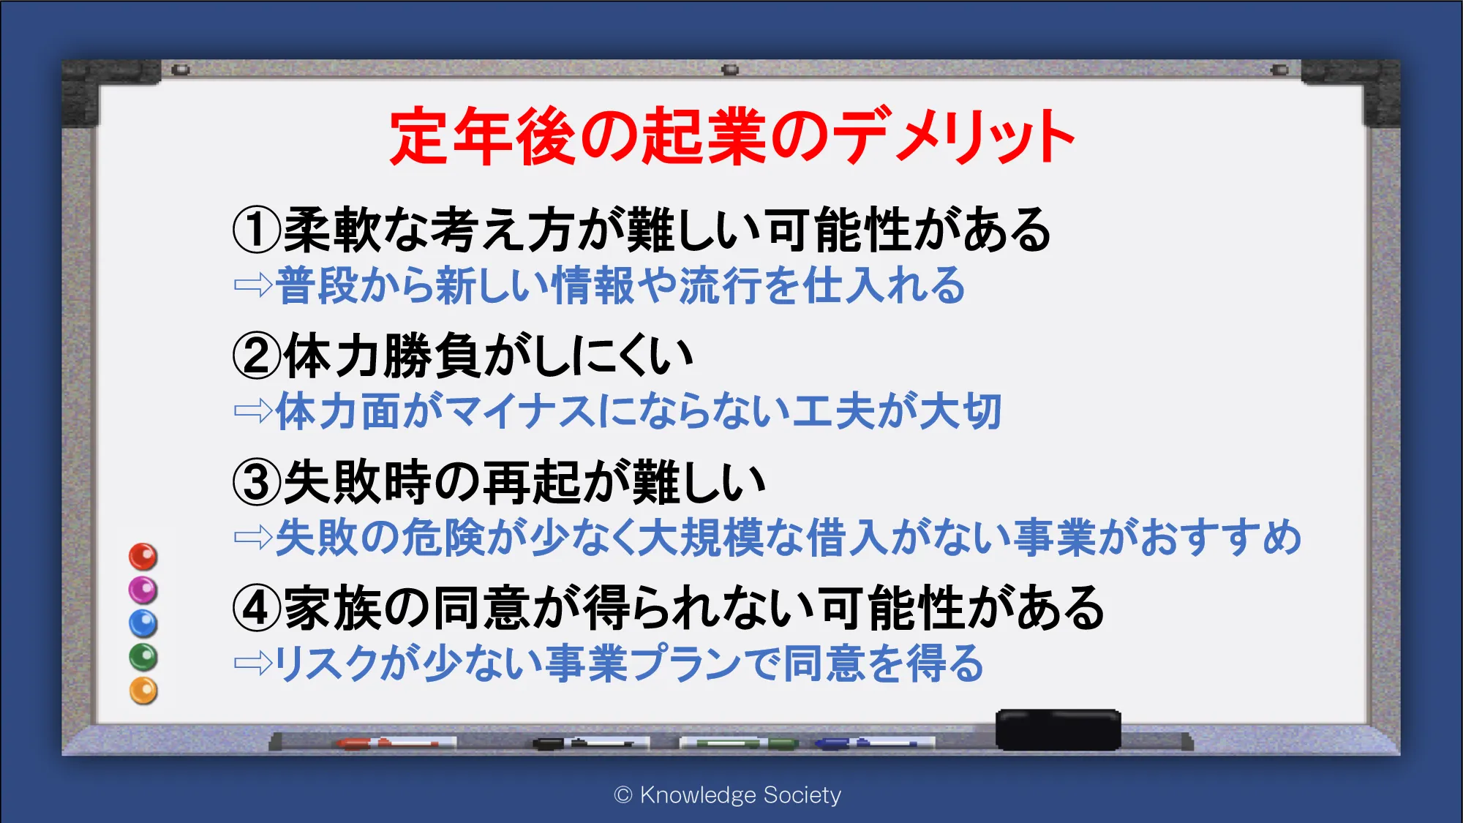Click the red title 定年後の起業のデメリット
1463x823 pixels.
click(731, 136)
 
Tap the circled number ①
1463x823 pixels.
click(256, 230)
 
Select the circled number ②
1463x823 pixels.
click(256, 356)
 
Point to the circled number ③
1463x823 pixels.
click(256, 482)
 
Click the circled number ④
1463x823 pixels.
click(256, 608)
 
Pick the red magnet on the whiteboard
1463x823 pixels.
click(143, 557)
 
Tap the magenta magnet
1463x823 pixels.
click(143, 590)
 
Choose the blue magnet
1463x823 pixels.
click(143, 623)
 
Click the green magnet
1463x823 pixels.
click(143, 657)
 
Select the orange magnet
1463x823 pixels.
click(143, 691)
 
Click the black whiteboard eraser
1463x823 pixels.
click(1058, 729)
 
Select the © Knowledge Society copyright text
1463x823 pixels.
click(728, 794)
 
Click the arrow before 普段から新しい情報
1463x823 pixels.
click(253, 285)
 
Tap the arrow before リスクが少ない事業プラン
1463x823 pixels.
click(253, 663)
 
